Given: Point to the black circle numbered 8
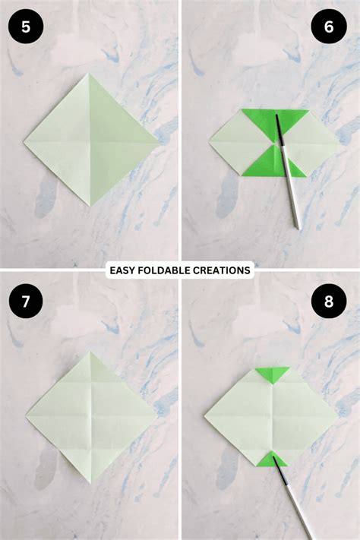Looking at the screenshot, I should point(328,302).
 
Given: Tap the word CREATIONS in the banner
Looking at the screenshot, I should point(224,270).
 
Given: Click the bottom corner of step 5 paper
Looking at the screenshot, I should point(90,206).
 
